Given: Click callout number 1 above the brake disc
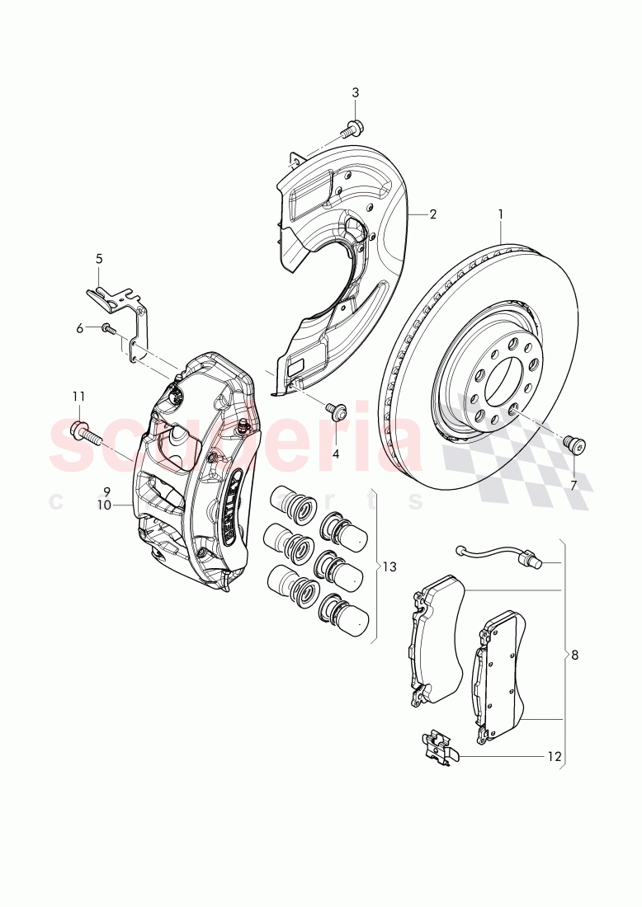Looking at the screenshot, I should click(500, 214).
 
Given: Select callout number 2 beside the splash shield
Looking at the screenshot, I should click(432, 214).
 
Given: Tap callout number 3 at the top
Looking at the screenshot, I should click(356, 92).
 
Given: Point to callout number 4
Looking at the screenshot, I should click(336, 453).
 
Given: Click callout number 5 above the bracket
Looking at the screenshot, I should click(99, 258).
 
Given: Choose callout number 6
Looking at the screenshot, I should click(80, 328).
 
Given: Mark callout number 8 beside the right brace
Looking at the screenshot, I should click(574, 656).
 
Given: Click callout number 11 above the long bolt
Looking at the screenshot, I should click(78, 397).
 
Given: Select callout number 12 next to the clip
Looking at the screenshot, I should click(554, 755).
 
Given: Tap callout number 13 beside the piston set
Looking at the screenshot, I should click(389, 566).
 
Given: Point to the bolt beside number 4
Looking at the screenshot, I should click(336, 410).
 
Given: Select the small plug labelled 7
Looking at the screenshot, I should click(574, 445).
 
